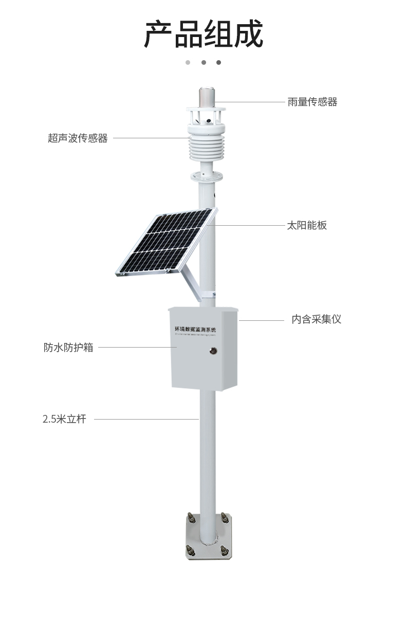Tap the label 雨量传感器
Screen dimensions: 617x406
(x=312, y=102)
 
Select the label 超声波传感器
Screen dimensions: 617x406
(x=78, y=138)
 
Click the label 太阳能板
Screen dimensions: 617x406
(x=306, y=225)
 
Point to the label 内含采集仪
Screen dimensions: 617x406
(x=316, y=319)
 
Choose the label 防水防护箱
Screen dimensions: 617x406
(x=68, y=347)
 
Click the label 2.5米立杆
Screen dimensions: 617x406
(x=64, y=419)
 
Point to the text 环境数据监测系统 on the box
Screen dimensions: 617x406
(x=196, y=328)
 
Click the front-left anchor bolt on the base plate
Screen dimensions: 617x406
(x=190, y=550)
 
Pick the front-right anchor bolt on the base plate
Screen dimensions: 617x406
(x=225, y=550)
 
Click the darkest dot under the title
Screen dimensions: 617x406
(x=218, y=63)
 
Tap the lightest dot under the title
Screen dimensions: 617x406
(x=188, y=63)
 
